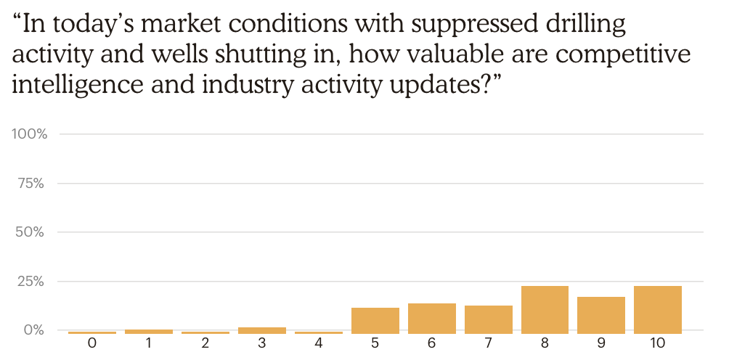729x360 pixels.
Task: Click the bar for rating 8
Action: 545,310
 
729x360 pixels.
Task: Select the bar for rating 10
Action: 657,310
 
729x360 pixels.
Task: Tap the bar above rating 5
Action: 375,321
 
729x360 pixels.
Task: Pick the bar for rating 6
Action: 432,319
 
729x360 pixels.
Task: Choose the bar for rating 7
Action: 488,319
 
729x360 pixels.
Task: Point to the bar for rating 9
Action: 601,316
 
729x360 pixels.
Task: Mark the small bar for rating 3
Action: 262,330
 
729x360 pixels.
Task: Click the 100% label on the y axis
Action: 29,135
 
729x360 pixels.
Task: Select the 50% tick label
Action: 30,232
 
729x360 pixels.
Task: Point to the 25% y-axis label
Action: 30,282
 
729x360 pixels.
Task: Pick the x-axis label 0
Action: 92,344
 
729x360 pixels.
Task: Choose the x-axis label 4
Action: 319,344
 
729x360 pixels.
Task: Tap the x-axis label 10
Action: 658,344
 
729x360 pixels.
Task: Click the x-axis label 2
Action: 205,344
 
